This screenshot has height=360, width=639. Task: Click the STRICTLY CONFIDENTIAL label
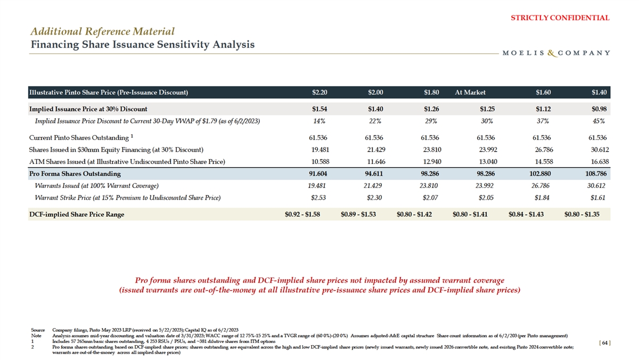click(x=560, y=18)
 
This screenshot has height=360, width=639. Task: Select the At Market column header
click(x=470, y=92)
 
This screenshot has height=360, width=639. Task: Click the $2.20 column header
click(x=319, y=92)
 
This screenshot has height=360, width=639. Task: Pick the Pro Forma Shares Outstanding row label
click(x=75, y=174)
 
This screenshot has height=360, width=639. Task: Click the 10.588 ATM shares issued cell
click(x=318, y=161)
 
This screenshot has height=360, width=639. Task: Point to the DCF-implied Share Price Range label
click(x=77, y=215)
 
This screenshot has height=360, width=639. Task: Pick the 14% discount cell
click(x=321, y=121)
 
